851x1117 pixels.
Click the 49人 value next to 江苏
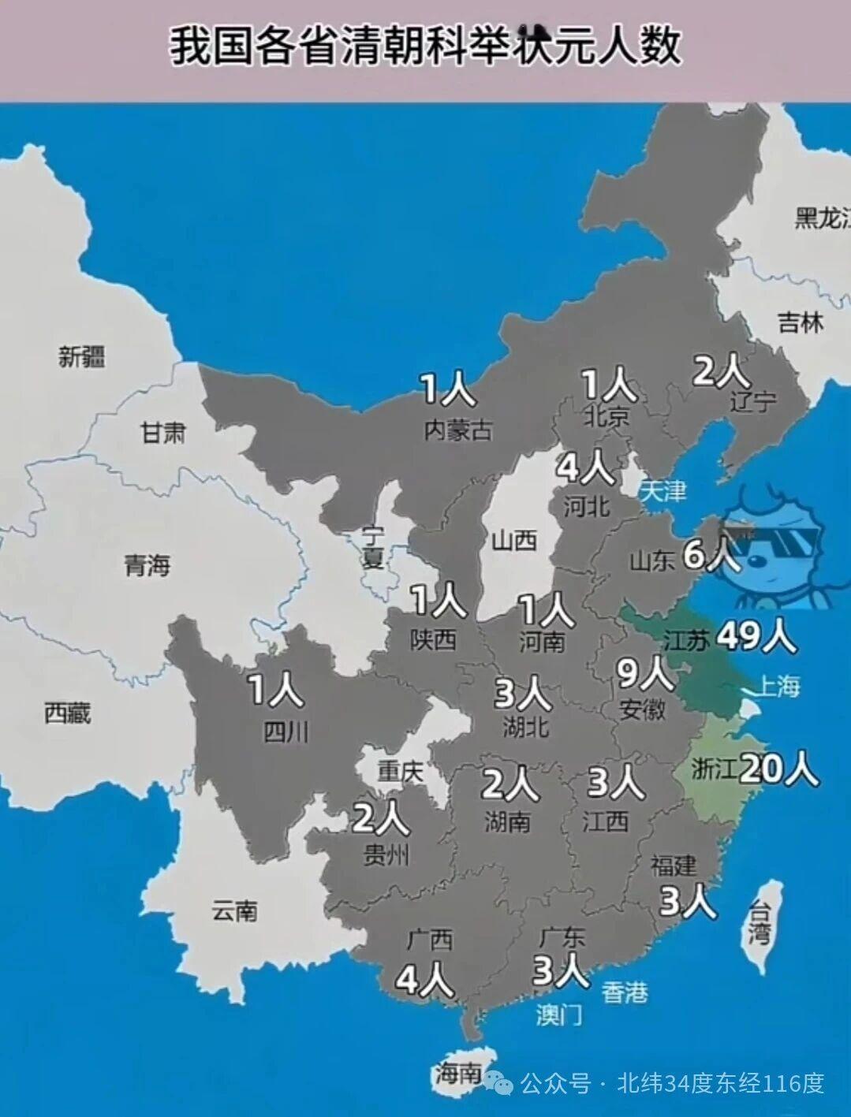756,635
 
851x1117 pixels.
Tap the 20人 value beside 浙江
778,768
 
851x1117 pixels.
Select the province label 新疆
81,356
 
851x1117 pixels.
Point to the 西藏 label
67,713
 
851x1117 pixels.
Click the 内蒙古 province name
458,430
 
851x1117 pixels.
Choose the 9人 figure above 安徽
644,674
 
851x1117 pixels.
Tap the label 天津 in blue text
663,491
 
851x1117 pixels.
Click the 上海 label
777,686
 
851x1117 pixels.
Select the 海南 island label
457,1073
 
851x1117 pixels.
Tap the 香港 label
625,992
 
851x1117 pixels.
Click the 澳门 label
559,1014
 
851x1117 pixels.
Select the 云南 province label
234,911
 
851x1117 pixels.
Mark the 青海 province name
147,564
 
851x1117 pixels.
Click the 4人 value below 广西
424,980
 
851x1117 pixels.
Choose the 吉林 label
800,322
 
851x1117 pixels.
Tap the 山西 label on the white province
514,540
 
